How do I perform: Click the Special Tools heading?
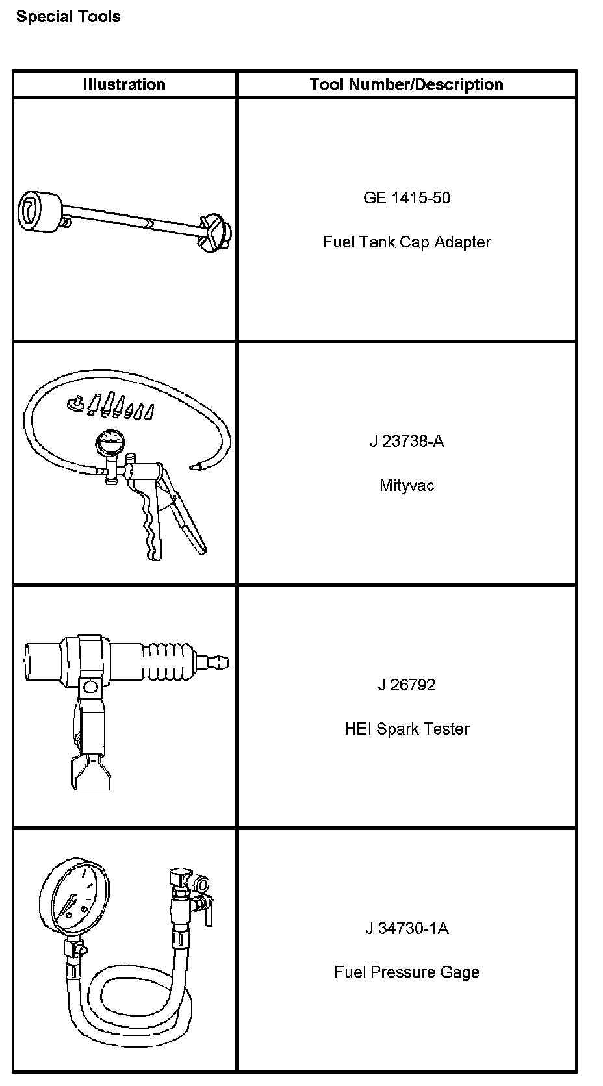pos(68,16)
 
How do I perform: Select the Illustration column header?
pos(125,84)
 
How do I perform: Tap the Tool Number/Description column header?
pos(407,84)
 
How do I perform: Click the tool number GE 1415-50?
pos(407,198)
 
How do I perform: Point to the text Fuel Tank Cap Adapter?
pos(407,242)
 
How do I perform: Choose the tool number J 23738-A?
pos(407,441)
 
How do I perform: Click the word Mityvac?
pos(407,485)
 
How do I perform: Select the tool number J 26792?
pos(407,685)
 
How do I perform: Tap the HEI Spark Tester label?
pos(407,729)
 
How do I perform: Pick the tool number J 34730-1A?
pos(407,928)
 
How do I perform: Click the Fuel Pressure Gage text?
pos(407,972)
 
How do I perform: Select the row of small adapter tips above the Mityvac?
pos(111,406)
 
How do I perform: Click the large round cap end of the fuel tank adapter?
pos(40,212)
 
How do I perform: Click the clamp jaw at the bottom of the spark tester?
pos(91,772)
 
